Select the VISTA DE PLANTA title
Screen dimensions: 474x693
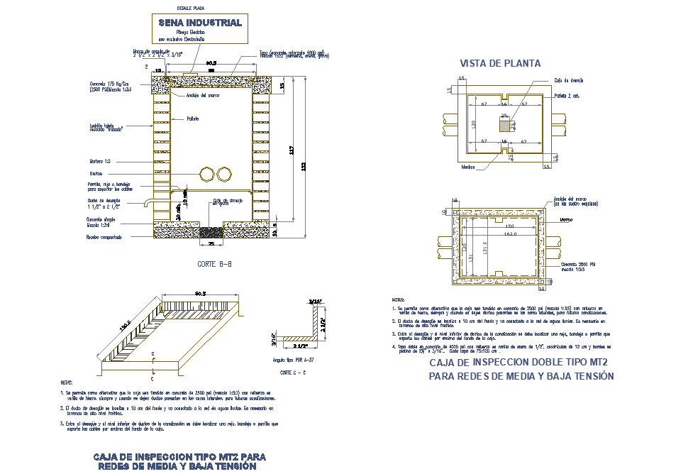[x=500, y=63]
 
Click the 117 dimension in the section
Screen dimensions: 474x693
[x=292, y=150]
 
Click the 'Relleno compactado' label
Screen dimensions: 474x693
[x=104, y=236]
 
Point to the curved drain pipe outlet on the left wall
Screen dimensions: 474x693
[x=146, y=204]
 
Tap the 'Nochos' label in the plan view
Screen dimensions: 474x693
[x=467, y=167]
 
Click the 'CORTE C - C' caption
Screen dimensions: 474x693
[x=292, y=372]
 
